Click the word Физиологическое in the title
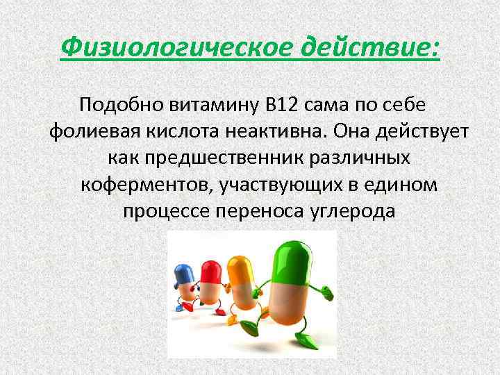[172, 48]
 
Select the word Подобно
[121, 105]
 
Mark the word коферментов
[145, 184]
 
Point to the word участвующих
[285, 184]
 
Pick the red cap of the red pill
[209, 269]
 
